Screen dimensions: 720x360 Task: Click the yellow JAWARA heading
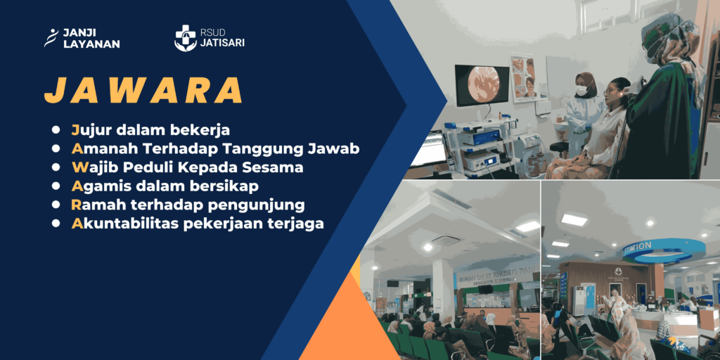[143, 91]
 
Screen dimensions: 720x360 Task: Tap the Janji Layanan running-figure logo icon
[51, 38]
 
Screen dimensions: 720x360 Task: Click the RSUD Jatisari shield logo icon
[186, 38]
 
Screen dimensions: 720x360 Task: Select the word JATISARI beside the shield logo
[222, 43]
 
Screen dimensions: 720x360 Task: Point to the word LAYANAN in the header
[91, 44]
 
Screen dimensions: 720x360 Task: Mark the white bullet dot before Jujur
[56, 130]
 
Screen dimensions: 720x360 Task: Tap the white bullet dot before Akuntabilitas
[56, 224]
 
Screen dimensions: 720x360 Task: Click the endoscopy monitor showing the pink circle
[482, 85]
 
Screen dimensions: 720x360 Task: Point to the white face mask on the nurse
[581, 90]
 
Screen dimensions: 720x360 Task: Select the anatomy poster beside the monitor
[523, 77]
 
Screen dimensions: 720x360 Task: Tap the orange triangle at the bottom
[343, 317]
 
